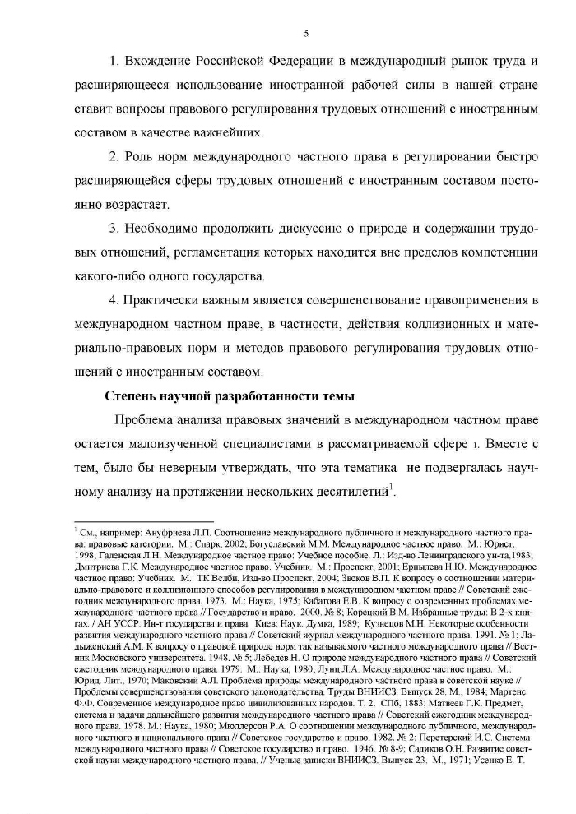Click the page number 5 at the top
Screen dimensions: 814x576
(x=306, y=34)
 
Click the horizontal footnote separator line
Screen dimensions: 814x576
(x=144, y=520)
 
